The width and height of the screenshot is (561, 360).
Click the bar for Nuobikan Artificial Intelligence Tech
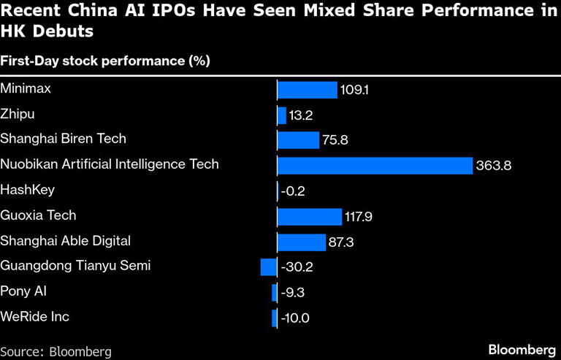[375, 166]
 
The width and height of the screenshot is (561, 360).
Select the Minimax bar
[307, 90]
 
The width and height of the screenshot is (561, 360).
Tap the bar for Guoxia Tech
[310, 216]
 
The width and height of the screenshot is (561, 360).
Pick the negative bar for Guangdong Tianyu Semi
[269, 267]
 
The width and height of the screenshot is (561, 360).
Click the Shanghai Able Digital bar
[302, 242]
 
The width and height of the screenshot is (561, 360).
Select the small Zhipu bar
[282, 115]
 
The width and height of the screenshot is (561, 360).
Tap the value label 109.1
[354, 90]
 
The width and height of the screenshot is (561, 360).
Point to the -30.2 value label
[297, 267]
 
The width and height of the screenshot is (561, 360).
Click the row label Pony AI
[24, 291]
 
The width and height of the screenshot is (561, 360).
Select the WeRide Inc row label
[35, 317]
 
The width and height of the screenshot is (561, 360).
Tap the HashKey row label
[27, 190]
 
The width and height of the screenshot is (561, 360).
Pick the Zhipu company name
[17, 114]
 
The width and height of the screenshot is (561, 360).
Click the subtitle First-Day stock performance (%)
[105, 61]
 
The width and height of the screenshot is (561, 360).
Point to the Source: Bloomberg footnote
[56, 351]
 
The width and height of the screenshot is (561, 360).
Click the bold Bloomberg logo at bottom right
[516, 349]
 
